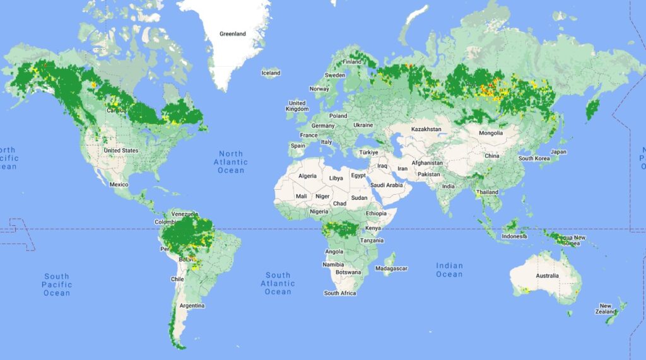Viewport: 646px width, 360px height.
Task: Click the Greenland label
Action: click(x=233, y=33)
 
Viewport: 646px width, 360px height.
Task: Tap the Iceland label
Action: click(x=271, y=73)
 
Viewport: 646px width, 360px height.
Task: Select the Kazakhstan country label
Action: click(x=426, y=129)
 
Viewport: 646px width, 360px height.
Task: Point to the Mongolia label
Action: click(x=491, y=133)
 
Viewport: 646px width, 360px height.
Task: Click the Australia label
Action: click(x=547, y=276)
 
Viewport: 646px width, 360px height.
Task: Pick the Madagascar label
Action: click(x=392, y=269)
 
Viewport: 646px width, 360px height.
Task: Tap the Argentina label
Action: click(x=192, y=306)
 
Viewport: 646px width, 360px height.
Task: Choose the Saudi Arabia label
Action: click(x=387, y=185)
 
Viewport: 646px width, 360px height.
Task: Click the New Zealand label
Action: click(x=606, y=309)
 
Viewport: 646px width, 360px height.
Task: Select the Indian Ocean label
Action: click(x=449, y=270)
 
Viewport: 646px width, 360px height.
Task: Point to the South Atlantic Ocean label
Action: click(x=278, y=284)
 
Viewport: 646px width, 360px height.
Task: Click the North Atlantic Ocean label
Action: click(x=231, y=162)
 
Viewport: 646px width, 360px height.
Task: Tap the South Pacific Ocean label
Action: click(x=57, y=284)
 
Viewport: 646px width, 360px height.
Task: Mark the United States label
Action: click(x=121, y=151)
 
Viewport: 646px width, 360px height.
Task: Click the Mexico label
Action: click(x=119, y=185)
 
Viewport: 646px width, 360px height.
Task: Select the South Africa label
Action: click(x=340, y=293)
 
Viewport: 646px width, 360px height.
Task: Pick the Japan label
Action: click(x=559, y=152)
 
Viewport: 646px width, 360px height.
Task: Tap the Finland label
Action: click(x=352, y=62)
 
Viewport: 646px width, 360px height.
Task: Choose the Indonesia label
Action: click(x=514, y=236)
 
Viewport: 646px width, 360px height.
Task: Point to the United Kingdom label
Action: click(x=297, y=106)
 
